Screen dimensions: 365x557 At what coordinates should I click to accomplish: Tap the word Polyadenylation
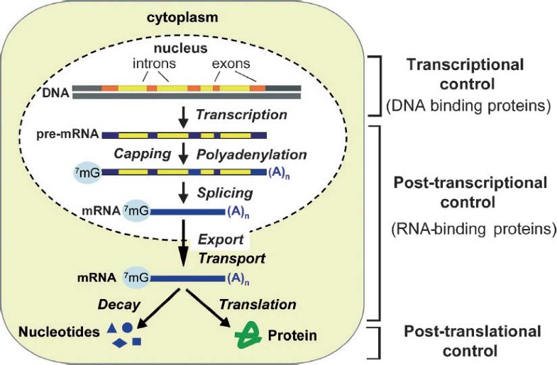click(252, 154)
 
